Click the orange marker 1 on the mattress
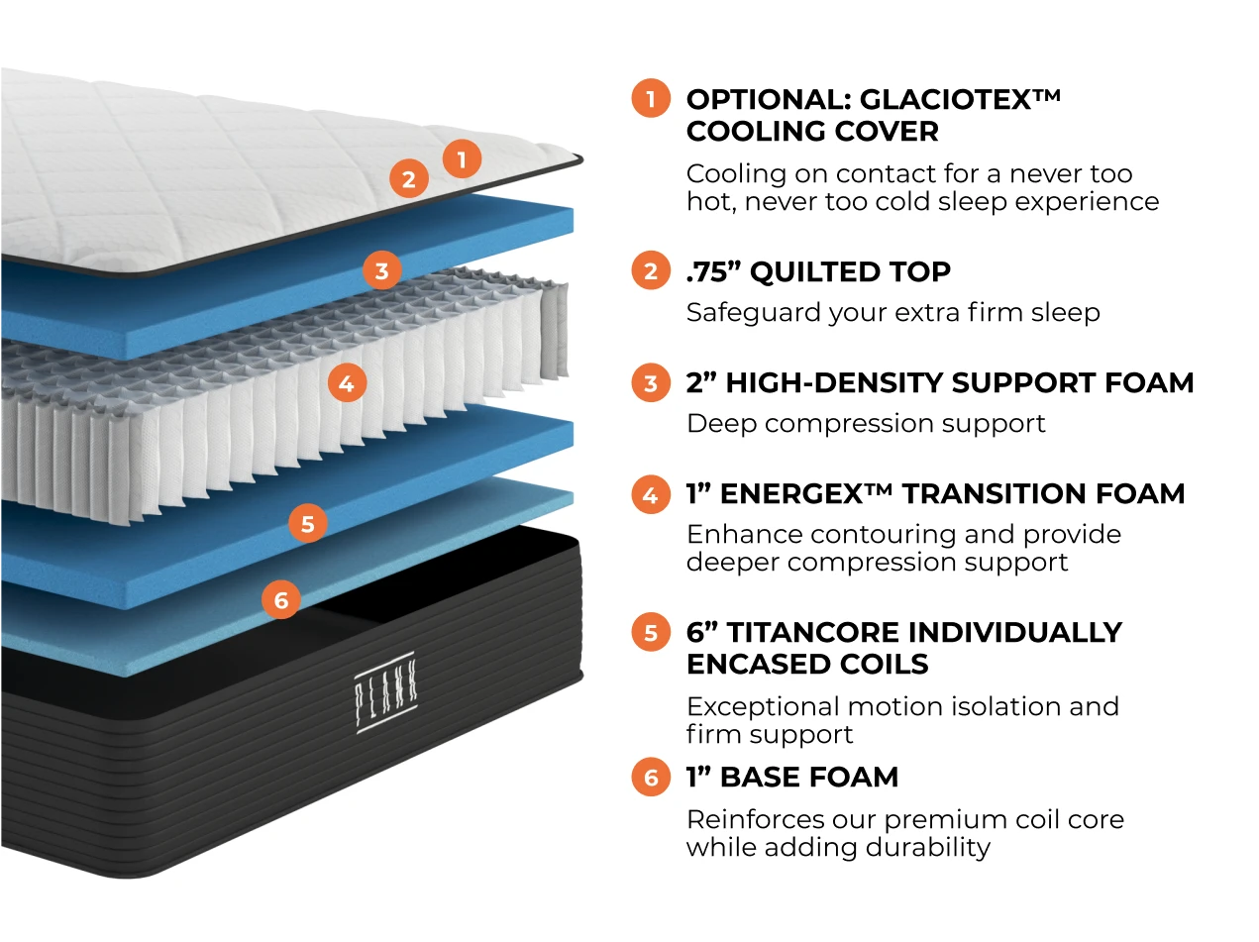[x=462, y=158]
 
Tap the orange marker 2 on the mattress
[x=408, y=179]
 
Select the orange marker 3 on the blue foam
[x=382, y=270]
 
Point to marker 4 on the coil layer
[x=346, y=382]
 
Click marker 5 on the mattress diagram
[x=308, y=523]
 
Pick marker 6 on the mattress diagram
[x=281, y=599]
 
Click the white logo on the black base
[x=384, y=693]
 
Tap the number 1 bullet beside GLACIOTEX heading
[x=651, y=99]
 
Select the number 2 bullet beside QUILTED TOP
[x=651, y=271]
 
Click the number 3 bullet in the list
[x=651, y=382]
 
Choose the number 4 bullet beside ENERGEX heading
[x=651, y=493]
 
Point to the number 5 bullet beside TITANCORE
[x=651, y=632]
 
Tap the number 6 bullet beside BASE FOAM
[x=651, y=777]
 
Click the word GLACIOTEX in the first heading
[x=945, y=99]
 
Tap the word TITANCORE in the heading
[x=811, y=632]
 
